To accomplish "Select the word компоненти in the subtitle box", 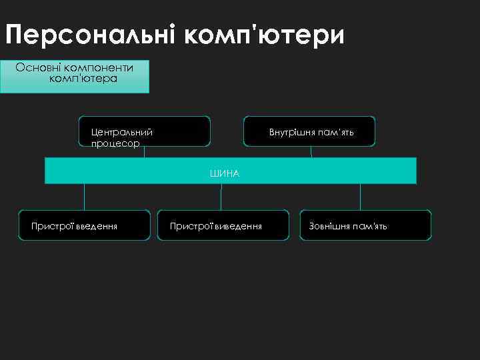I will point(101,67).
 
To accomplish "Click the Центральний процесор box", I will point(144,131).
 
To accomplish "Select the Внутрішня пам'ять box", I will point(309,131).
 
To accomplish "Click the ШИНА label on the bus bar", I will point(224,173).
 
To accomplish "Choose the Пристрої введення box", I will point(84,225).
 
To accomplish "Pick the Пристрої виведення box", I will point(223,225).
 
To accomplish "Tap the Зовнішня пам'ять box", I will point(365,225).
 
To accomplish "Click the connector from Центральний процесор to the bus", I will point(145,152).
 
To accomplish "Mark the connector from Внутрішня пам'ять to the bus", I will point(311,152).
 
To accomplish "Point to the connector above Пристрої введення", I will point(84,197).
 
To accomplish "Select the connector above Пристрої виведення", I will point(221,197).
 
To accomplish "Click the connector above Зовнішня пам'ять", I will point(360,197).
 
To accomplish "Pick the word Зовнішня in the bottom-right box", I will point(329,226).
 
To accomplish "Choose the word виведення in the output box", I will point(237,226).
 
